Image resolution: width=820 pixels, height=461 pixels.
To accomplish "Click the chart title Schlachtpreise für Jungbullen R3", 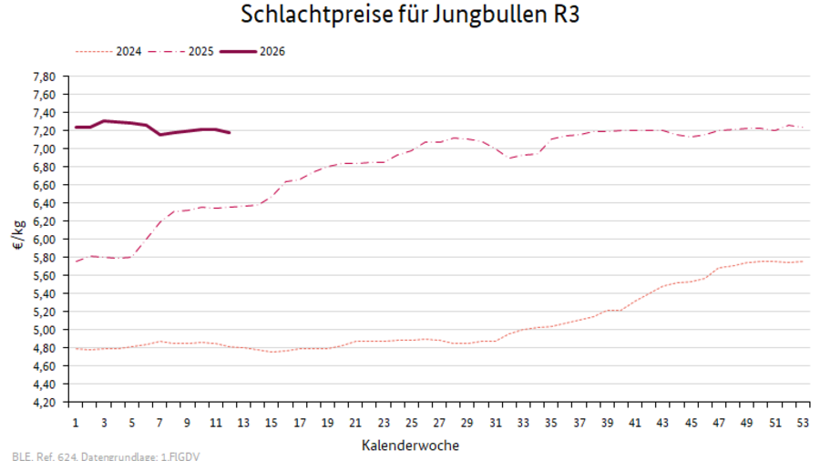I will [410, 15].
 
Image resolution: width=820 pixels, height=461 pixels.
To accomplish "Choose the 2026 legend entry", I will [272, 52].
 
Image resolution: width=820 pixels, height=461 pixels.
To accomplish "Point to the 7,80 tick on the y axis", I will [45, 77].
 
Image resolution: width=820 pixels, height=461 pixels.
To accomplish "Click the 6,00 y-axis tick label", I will [45, 240].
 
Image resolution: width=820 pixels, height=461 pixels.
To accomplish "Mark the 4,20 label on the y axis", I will [45, 403].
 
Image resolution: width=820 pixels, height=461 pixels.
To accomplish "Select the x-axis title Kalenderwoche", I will [410, 446].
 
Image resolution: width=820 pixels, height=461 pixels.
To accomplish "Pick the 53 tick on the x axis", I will [802, 424].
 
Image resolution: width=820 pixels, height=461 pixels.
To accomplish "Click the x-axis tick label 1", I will [76, 424].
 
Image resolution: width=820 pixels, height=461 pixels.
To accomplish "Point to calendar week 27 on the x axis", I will [439, 424].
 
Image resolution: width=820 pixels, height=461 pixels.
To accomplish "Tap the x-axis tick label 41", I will [634, 424].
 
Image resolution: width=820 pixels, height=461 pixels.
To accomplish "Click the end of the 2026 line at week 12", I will [230, 133].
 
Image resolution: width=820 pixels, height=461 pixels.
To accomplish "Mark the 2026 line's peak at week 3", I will [104, 120].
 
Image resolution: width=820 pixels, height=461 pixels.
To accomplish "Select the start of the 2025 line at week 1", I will [76, 261].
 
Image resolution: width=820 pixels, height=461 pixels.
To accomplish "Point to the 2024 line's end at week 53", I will [802, 261].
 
